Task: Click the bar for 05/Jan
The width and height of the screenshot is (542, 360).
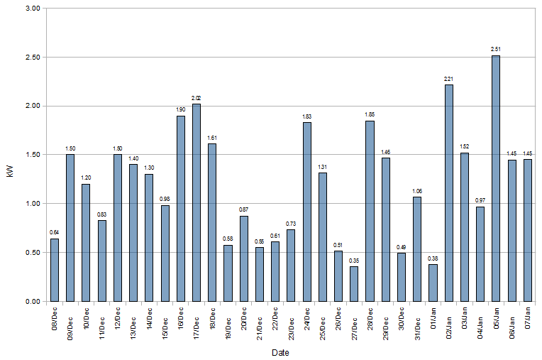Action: (496, 178)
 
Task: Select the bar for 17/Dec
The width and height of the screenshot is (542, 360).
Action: (197, 202)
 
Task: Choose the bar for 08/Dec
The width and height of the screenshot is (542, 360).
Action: (55, 270)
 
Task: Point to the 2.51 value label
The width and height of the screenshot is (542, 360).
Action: (496, 49)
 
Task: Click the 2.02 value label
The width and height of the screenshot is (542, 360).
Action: (197, 97)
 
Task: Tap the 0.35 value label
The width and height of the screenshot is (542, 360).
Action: (354, 261)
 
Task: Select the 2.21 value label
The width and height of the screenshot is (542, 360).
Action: (448, 79)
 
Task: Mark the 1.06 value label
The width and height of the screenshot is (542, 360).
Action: (417, 191)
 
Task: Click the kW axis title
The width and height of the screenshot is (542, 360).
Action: (9, 155)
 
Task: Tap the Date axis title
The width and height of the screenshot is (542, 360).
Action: (280, 352)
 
